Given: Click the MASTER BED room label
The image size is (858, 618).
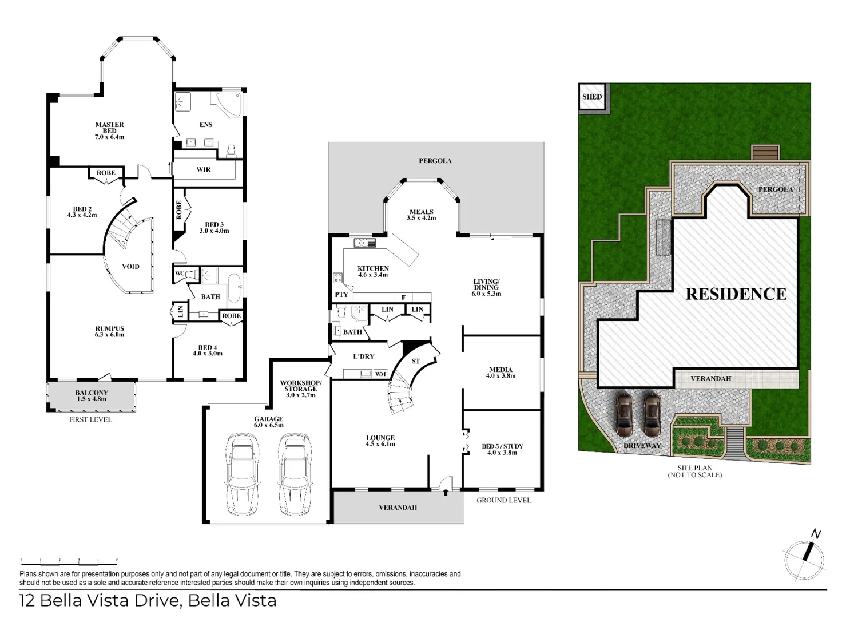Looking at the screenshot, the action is (x=110, y=130).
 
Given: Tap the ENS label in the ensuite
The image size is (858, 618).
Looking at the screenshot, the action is (x=206, y=125).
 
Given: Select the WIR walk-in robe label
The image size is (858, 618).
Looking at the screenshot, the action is (x=204, y=169).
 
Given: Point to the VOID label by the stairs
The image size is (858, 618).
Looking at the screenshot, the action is (x=130, y=266).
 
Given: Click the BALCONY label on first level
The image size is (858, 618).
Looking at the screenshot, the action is (x=92, y=395).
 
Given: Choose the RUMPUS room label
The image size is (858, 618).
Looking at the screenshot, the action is (x=110, y=331).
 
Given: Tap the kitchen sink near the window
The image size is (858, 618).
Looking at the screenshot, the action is (x=364, y=243).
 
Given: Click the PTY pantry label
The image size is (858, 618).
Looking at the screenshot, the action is (x=341, y=295).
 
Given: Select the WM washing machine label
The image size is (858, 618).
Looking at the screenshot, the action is (x=380, y=374).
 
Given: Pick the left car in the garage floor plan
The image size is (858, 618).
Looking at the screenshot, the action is (x=242, y=474).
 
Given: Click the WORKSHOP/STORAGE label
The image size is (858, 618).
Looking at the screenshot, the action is (x=301, y=389).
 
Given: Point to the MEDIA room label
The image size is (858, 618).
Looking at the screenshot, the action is (x=500, y=373).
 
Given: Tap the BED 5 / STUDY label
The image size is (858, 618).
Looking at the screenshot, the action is (x=502, y=449).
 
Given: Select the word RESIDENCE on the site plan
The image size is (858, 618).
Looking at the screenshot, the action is (x=736, y=294).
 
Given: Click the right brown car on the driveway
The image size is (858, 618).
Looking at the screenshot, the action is (x=652, y=415).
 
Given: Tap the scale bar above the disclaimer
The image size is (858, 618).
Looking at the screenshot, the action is (x=69, y=562).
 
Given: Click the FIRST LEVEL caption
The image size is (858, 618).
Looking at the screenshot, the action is (x=90, y=419).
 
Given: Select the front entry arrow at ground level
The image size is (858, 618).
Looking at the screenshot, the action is (x=446, y=492).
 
